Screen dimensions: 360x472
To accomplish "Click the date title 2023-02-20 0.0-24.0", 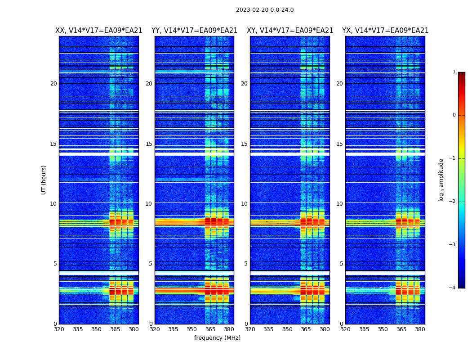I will click(x=265, y=10).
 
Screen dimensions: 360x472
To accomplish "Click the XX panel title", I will click(x=99, y=31).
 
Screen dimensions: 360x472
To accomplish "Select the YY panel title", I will click(x=194, y=31).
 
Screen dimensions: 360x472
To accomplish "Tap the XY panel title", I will click(x=290, y=31).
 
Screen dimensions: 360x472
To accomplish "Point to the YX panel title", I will click(x=385, y=31).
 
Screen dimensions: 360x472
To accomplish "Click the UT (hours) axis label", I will click(x=44, y=180).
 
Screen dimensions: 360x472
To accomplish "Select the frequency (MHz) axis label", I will click(x=217, y=338).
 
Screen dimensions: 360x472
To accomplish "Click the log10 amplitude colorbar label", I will click(x=441, y=180).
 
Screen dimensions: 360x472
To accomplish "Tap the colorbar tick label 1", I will click(x=454, y=72).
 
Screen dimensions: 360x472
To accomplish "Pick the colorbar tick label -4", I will click(x=453, y=288).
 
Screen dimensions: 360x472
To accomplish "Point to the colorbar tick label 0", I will click(x=454, y=115).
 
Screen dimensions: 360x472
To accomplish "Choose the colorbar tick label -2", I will click(x=453, y=202).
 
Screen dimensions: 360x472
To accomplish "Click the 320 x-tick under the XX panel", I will click(x=59, y=329).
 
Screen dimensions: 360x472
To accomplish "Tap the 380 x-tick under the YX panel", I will click(x=420, y=329).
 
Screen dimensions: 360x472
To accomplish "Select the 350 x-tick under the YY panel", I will click(x=192, y=329).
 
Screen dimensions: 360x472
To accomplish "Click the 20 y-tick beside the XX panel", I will click(x=53, y=84).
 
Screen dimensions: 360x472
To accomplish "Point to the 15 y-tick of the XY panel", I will click(x=245, y=144).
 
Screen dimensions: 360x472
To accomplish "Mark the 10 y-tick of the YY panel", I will click(x=149, y=204).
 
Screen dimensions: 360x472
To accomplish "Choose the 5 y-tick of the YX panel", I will click(x=342, y=264).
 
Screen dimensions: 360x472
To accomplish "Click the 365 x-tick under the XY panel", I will click(x=306, y=329).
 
